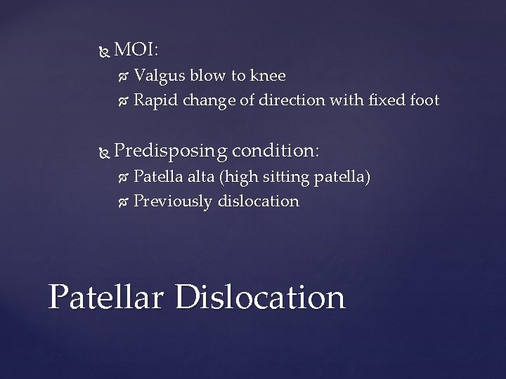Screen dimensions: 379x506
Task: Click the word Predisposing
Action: click(x=170, y=151)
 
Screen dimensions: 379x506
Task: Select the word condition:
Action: click(x=276, y=150)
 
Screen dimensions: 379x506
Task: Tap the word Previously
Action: click(x=173, y=201)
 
